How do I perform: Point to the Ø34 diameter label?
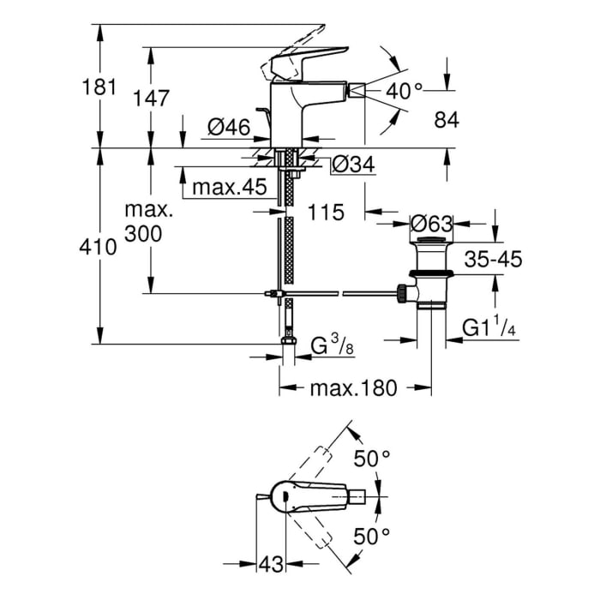click(x=351, y=165)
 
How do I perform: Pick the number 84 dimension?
click(x=447, y=121)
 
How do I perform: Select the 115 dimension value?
click(x=326, y=212)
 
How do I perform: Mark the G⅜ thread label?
click(x=329, y=347)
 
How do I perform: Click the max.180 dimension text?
click(x=354, y=388)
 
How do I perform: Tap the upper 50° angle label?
click(x=373, y=459)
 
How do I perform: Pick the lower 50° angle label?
click(x=373, y=537)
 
